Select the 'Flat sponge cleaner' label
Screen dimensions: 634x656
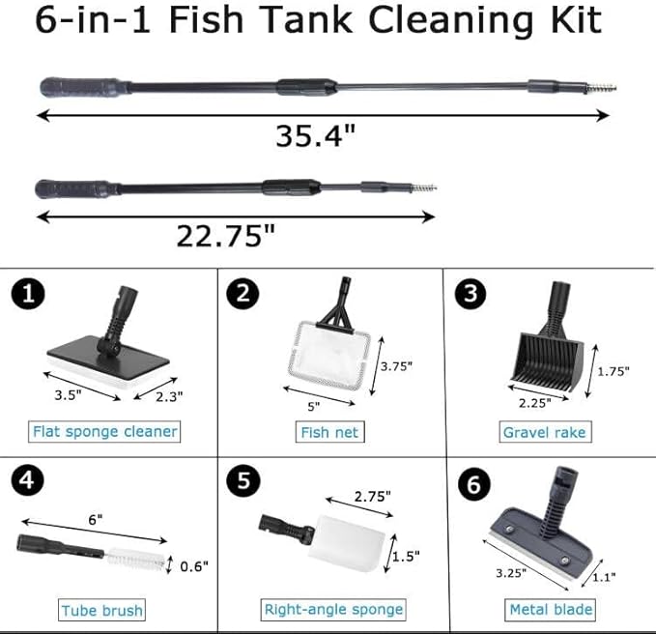104,431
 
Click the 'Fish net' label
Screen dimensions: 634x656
328,432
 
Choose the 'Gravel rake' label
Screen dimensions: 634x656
544,432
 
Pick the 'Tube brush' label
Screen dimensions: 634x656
102,610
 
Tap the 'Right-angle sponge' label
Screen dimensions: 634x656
333,609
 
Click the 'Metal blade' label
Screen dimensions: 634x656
551,609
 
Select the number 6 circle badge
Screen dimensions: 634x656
472,483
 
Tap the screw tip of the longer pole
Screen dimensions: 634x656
603,87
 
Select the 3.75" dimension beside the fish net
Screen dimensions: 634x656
396,366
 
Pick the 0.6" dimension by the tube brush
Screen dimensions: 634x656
194,565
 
